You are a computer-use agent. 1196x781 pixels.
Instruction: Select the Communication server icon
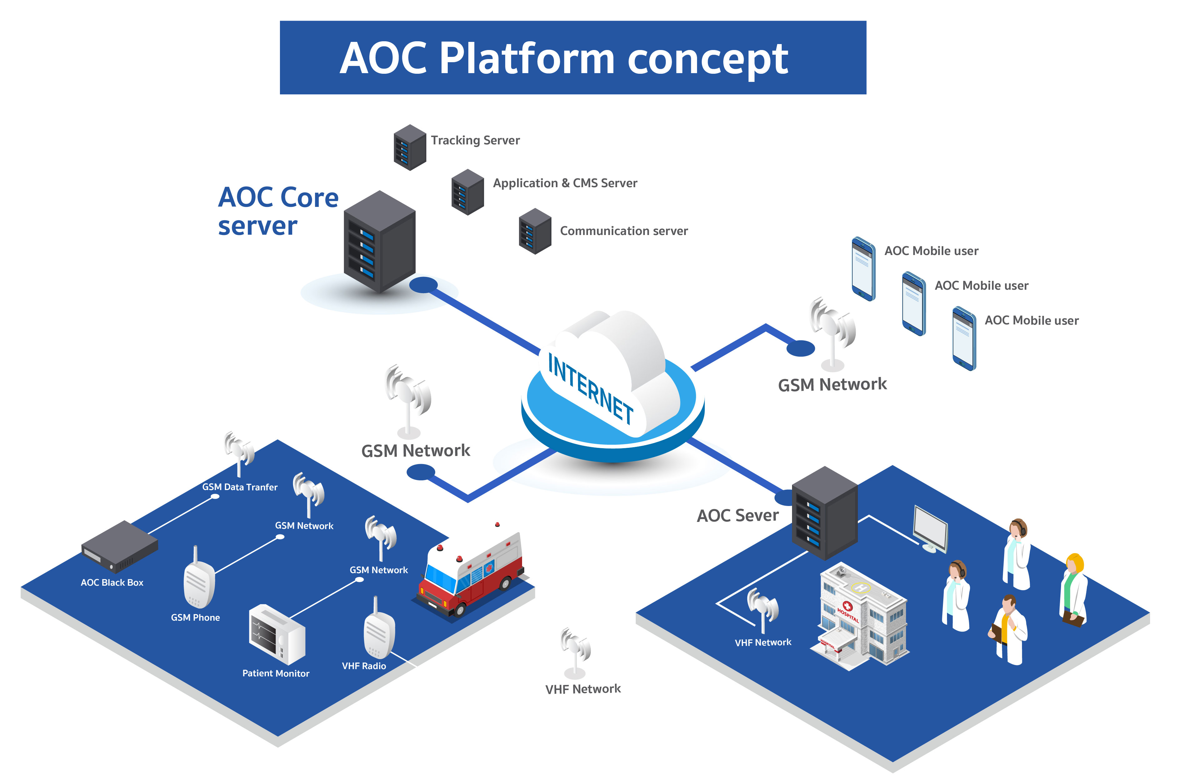pos(535,231)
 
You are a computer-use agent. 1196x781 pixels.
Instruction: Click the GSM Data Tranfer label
pos(240,487)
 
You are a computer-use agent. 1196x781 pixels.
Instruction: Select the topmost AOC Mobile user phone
pos(863,269)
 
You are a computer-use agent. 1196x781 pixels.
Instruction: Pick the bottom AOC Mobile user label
pos(1031,321)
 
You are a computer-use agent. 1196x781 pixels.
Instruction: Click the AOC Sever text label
pos(737,516)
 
